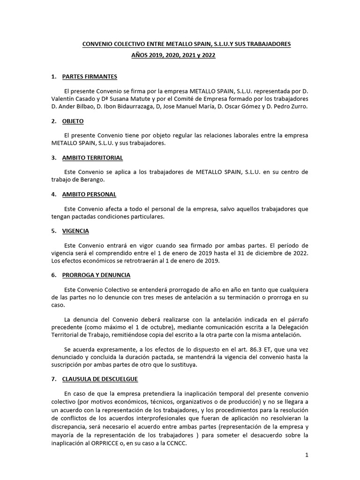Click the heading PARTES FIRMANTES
click(x=90, y=76)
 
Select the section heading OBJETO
click(x=73, y=121)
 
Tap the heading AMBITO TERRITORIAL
click(x=92, y=157)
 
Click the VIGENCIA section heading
click(x=75, y=231)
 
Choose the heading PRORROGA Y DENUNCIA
click(x=96, y=275)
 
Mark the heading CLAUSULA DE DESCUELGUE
click(x=100, y=379)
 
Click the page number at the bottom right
click(x=307, y=455)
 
